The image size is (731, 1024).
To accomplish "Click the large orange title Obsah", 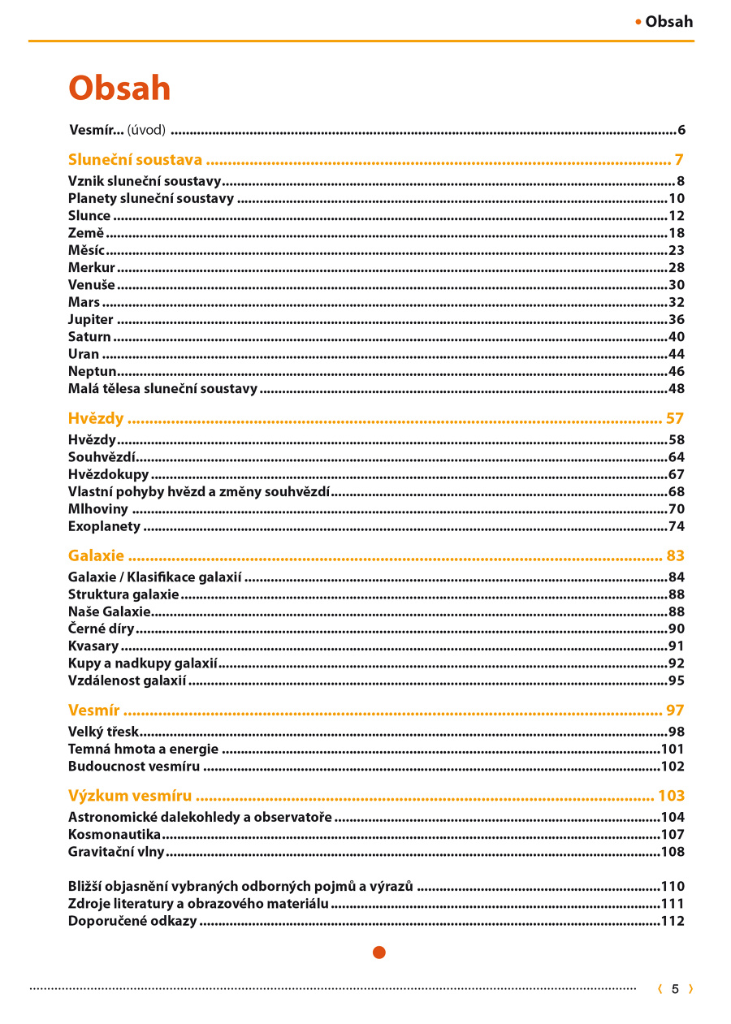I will click(x=119, y=89).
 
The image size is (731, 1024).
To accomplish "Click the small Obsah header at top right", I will click(x=668, y=22).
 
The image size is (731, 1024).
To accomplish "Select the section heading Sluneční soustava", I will click(x=135, y=159).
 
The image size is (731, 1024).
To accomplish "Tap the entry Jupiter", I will click(x=91, y=320).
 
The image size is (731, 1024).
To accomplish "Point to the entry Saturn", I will click(x=89, y=337).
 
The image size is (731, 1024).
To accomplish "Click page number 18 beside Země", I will click(x=676, y=234).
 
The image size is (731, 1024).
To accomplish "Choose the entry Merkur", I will click(x=92, y=268).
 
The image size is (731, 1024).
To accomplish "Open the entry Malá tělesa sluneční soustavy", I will click(x=162, y=389).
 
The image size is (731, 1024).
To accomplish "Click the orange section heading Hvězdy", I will click(x=96, y=419).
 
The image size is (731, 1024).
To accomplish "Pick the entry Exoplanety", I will click(x=104, y=527).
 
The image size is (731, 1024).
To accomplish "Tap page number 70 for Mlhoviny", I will click(x=676, y=510).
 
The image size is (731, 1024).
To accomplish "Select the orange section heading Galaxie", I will click(x=96, y=556).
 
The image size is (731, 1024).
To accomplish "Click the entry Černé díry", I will click(x=102, y=629).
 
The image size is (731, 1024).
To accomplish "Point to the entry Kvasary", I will click(x=93, y=646).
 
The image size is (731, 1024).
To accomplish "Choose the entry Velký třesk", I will click(x=103, y=732).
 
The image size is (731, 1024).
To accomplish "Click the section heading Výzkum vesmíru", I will click(x=130, y=796).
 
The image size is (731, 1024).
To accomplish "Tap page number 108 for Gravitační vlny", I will click(x=673, y=853).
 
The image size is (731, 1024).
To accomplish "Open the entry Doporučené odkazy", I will click(x=132, y=922).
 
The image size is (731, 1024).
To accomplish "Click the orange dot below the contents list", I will click(x=379, y=953).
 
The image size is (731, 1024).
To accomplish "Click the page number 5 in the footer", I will click(x=675, y=989).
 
